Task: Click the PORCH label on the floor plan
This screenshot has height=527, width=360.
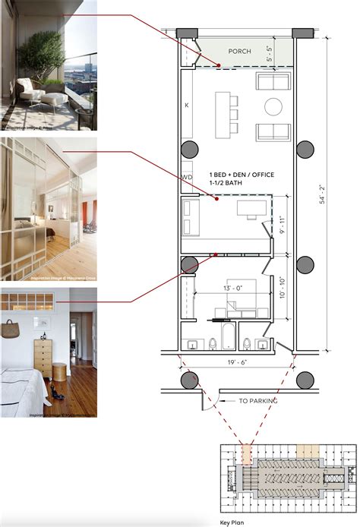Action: click(x=239, y=52)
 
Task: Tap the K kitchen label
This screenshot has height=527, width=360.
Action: click(x=186, y=106)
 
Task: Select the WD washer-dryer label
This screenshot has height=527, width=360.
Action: click(x=187, y=177)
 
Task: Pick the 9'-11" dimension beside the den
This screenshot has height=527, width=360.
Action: click(x=283, y=224)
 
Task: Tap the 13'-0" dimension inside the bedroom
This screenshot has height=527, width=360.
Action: click(x=232, y=289)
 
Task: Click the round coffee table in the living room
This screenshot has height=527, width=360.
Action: click(x=273, y=106)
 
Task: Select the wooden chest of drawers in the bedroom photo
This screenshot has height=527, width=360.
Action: click(x=43, y=356)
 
